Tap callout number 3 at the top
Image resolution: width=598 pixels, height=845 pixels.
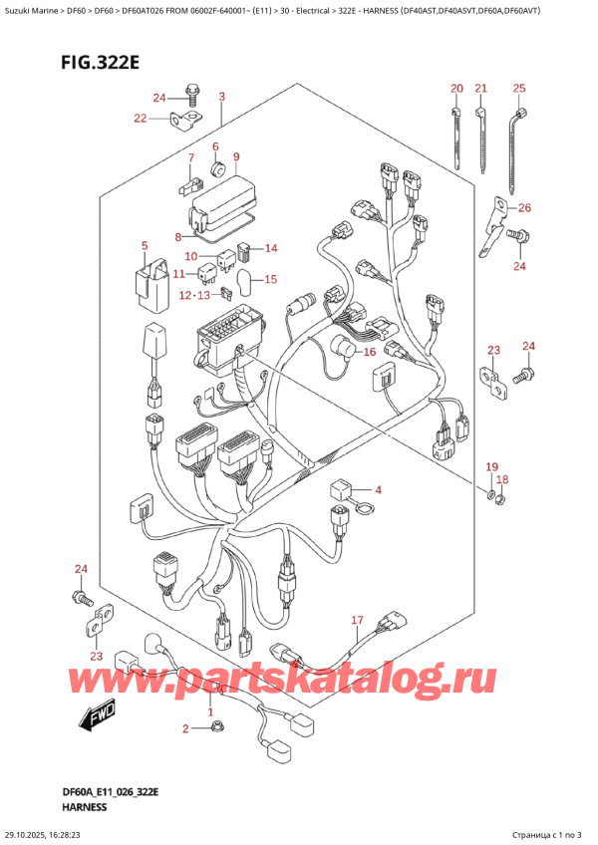[x=221, y=97]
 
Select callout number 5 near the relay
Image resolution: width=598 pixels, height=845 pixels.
[x=145, y=245]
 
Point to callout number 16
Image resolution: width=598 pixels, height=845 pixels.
[x=369, y=352]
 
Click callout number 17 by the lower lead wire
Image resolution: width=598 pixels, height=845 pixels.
[x=358, y=620]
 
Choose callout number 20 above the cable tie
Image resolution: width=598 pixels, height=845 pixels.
[x=455, y=90]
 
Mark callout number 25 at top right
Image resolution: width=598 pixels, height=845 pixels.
[x=518, y=90]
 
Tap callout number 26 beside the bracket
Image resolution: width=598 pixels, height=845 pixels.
[x=525, y=208]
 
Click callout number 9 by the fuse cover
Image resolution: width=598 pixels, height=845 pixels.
[x=236, y=156]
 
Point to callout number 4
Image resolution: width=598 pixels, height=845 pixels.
[x=378, y=489]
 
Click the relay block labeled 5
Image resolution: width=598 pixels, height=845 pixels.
[x=144, y=280]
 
